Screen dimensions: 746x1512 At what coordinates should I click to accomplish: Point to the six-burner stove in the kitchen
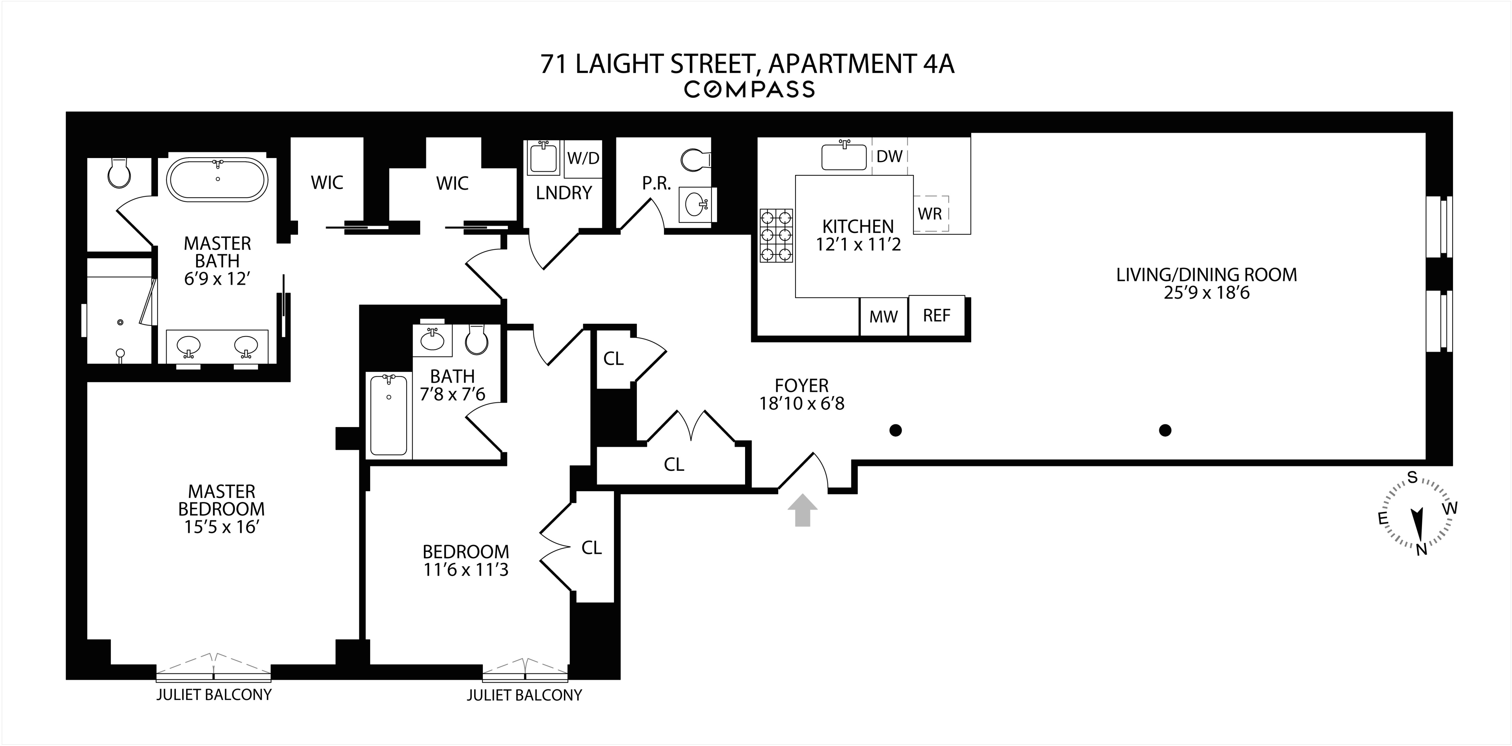[776, 236]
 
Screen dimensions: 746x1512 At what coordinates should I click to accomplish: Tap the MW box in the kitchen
[883, 317]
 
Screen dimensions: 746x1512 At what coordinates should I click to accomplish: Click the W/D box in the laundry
[583, 158]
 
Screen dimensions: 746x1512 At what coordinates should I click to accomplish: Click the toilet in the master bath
[120, 172]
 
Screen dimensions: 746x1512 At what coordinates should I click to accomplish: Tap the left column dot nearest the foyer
[895, 430]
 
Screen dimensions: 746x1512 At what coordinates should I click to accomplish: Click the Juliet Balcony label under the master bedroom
[214, 695]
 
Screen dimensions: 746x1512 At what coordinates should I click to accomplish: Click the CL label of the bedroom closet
[592, 548]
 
